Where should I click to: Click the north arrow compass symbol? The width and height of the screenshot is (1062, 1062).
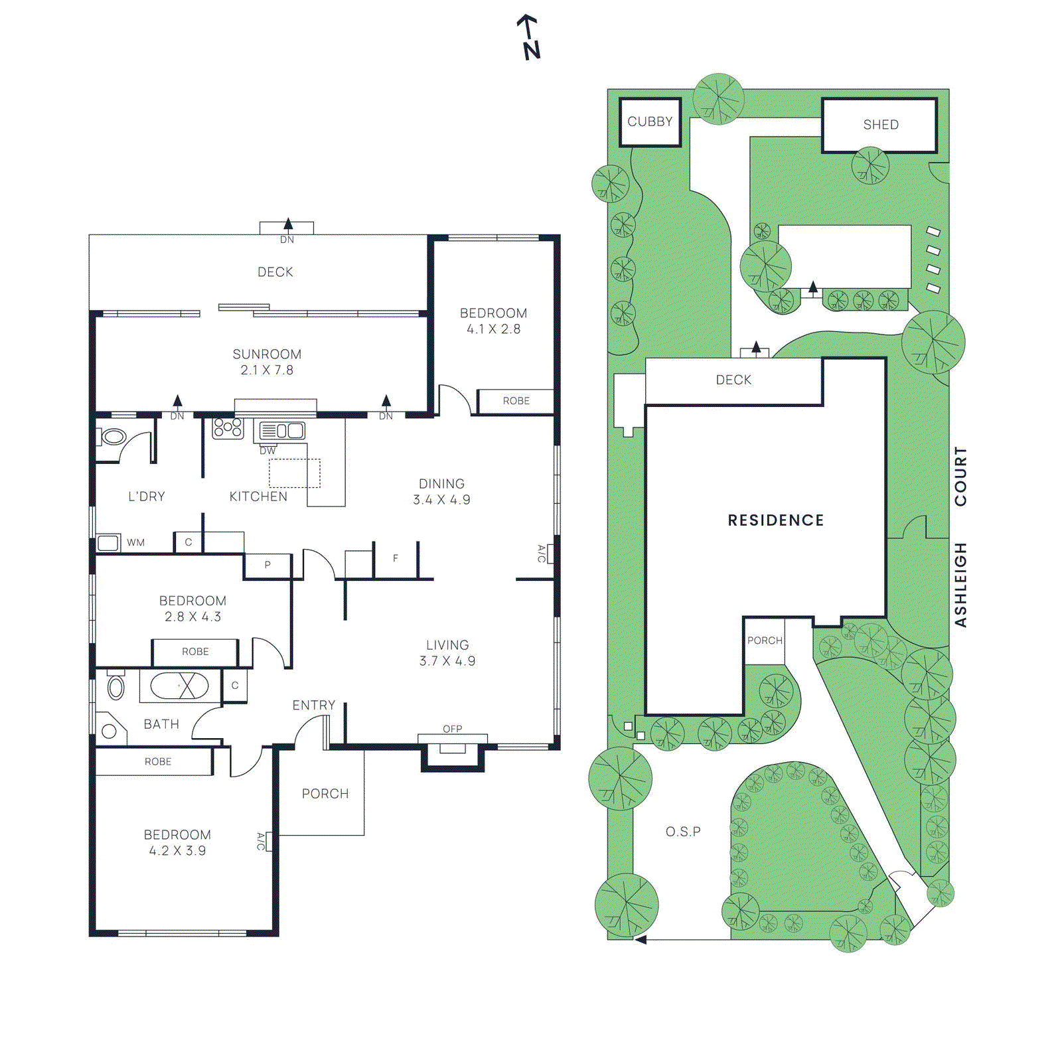[x=529, y=37]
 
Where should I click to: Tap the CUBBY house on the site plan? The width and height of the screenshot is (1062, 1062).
[x=650, y=122]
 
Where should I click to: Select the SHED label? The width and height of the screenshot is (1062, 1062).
[x=881, y=125]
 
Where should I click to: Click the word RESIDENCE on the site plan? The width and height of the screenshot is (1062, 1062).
[x=776, y=520]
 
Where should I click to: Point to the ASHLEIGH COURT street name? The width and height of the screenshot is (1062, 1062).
[x=960, y=536]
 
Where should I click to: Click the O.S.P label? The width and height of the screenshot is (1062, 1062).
[x=683, y=832]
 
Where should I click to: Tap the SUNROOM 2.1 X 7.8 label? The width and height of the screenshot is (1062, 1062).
[x=267, y=362]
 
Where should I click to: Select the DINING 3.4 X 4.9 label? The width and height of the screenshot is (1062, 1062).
[x=442, y=492]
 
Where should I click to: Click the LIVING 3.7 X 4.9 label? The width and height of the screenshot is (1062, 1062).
[x=447, y=653]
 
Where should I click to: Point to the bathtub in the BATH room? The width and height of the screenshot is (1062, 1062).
[x=179, y=686]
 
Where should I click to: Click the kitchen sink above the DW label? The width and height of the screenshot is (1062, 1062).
[x=282, y=431]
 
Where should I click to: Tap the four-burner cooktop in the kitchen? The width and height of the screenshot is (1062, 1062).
[x=228, y=428]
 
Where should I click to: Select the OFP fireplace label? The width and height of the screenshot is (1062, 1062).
[x=453, y=729]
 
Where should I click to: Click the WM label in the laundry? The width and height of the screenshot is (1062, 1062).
[x=136, y=542]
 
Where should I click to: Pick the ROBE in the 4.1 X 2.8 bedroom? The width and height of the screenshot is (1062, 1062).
[x=516, y=401]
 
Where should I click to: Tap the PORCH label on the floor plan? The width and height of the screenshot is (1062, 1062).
[x=325, y=794]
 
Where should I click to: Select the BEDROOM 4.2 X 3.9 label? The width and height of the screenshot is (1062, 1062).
[x=177, y=843]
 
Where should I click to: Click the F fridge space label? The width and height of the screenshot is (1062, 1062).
[x=396, y=558]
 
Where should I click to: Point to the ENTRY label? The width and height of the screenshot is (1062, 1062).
[x=314, y=706]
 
